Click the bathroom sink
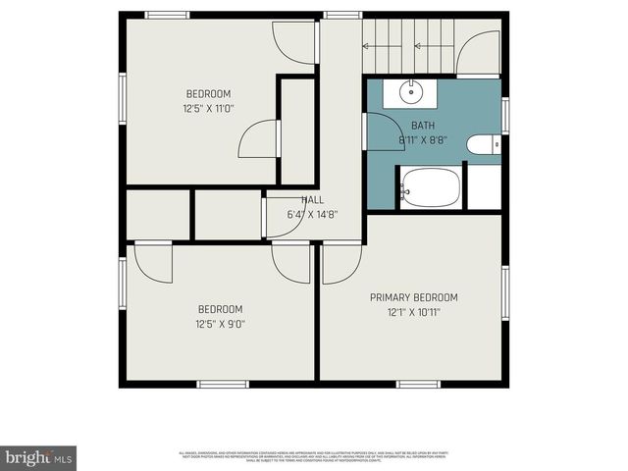[410, 93]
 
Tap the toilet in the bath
[482, 146]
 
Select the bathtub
[429, 187]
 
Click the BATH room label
[423, 126]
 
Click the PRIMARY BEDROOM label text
[413, 297]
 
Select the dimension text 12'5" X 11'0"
[208, 109]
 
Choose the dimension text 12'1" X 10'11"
[412, 313]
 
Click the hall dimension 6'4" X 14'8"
[313, 214]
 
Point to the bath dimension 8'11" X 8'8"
[423, 140]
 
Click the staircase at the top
[407, 45]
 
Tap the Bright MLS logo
[38, 456]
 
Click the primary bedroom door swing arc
[341, 262]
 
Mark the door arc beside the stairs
[477, 54]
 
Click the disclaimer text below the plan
[314, 455]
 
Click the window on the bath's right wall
[505, 114]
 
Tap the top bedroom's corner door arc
[293, 41]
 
